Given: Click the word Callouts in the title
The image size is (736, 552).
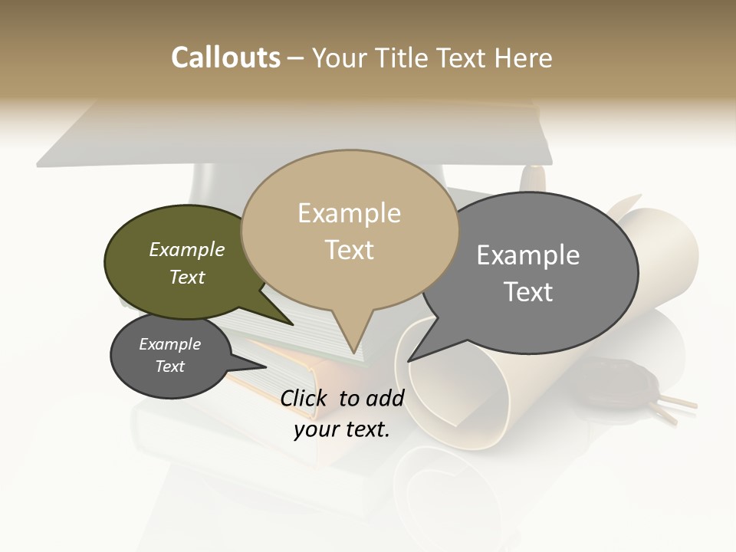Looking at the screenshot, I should coord(225,58).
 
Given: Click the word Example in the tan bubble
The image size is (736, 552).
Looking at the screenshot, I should coord(349,213).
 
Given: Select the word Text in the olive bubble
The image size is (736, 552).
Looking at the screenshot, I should coord(187,278).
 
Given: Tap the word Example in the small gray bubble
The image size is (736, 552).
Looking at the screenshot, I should coord(169,344).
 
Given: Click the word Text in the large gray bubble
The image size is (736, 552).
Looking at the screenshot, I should coord(528,292).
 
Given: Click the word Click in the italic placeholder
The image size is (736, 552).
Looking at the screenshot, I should coord(305,399).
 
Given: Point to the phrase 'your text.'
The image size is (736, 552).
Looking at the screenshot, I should coord(342,429).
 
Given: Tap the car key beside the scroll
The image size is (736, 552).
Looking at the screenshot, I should coord(629,383).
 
